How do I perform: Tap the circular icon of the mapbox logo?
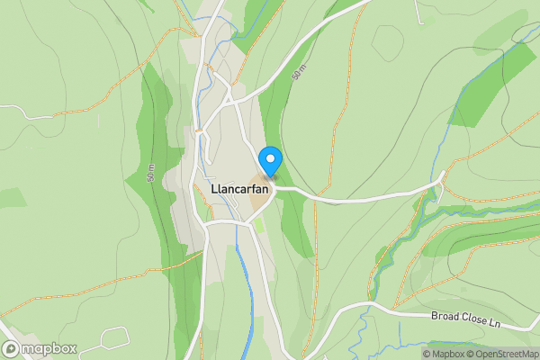click(11, 349)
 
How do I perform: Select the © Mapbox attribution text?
click(444, 355)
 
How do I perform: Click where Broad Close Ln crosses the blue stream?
click(368, 306)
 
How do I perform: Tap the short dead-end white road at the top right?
click(418, 11)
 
